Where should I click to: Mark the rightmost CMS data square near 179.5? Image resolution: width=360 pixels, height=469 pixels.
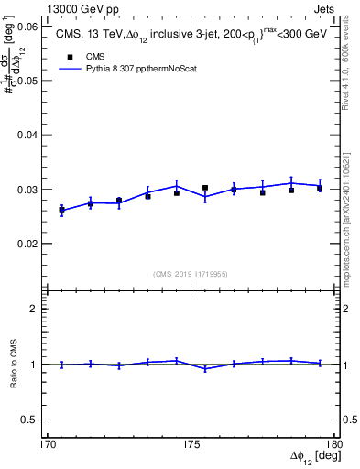[320, 188]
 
